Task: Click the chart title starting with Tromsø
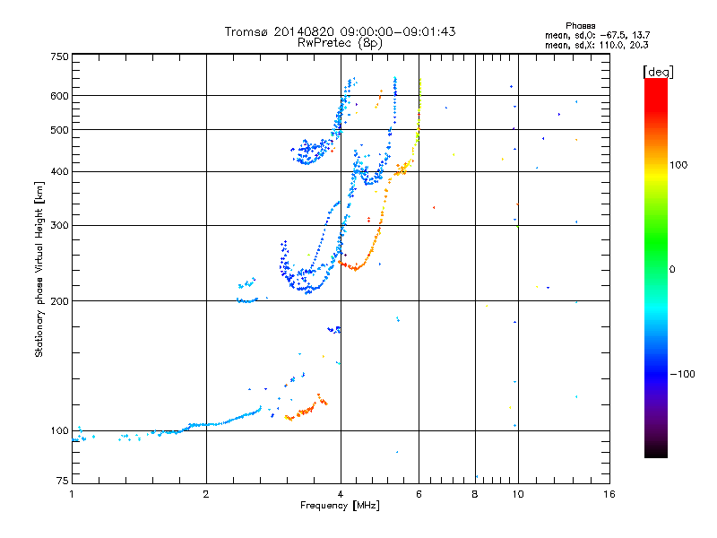[x=340, y=31]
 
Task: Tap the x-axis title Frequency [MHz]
[x=340, y=506]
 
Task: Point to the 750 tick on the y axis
[x=59, y=56]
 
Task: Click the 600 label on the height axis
[x=59, y=96]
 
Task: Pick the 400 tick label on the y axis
[x=59, y=171]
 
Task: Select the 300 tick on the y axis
[x=59, y=225]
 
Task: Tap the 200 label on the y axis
[x=59, y=300]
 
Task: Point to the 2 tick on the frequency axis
[x=206, y=494]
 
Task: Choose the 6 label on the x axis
[x=419, y=494]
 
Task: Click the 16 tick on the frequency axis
[x=609, y=494]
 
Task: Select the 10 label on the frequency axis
[x=517, y=494]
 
